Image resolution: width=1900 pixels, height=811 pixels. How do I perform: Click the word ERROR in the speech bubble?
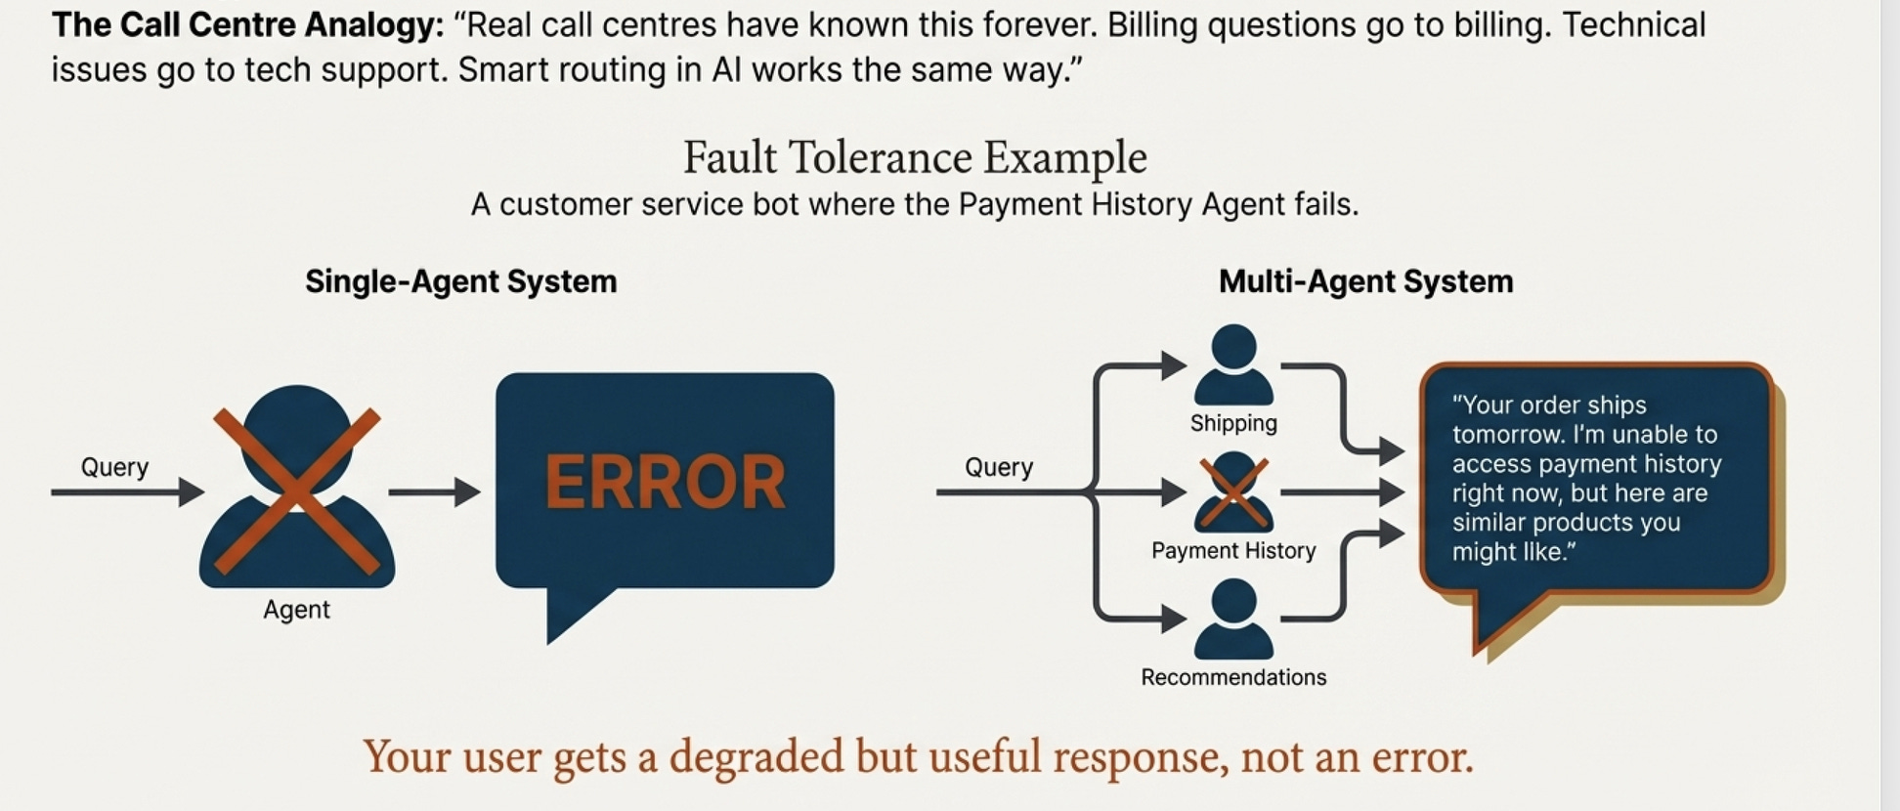[665, 482]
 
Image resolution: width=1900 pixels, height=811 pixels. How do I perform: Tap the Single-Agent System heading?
[460, 281]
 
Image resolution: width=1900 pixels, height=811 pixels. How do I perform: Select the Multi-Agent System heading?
[1365, 281]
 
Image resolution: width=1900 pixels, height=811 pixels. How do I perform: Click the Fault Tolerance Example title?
[914, 157]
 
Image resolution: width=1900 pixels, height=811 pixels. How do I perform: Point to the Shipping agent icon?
[1233, 364]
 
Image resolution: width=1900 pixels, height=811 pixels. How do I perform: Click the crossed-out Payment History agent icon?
[1233, 491]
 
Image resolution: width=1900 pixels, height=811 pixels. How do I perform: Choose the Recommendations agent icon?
[1233, 619]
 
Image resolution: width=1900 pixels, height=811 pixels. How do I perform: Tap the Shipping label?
[1233, 423]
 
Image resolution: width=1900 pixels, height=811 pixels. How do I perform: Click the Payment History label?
[1233, 550]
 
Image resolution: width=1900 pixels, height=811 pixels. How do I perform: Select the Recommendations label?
[1233, 677]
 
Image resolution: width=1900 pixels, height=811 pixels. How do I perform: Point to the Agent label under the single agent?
[296, 610]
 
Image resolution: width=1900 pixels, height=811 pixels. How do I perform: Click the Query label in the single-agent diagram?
[114, 467]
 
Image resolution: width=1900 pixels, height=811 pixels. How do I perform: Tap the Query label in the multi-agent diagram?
[998, 467]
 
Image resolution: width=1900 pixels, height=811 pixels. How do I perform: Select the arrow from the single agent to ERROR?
[434, 492]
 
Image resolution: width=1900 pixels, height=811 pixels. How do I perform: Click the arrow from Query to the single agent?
[127, 492]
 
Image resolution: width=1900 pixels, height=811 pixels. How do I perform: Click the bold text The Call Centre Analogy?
[247, 25]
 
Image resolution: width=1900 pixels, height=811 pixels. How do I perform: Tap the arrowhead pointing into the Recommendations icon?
[1174, 619]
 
